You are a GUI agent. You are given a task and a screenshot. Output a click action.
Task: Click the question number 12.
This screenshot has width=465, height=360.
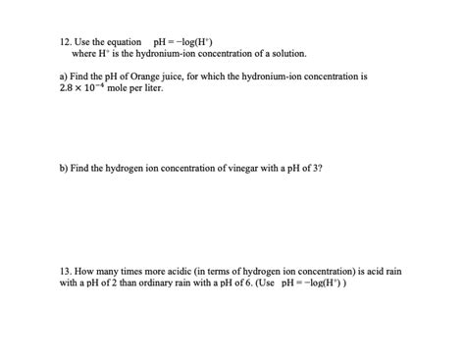(66, 42)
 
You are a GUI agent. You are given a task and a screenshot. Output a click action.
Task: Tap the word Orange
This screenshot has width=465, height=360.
(144, 76)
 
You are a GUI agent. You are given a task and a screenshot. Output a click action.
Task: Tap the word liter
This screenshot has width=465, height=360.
(155, 88)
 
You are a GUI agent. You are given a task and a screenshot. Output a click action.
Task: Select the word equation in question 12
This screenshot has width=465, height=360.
(125, 42)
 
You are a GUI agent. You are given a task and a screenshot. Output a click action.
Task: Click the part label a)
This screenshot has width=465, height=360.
(65, 76)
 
